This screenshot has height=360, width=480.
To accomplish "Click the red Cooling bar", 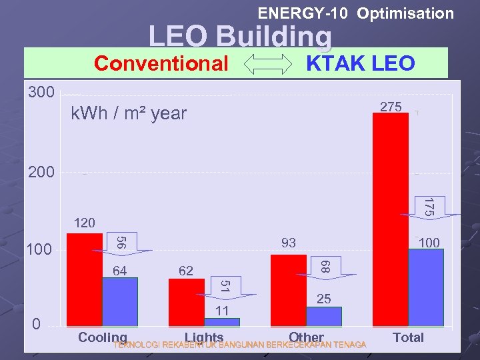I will click(x=85, y=279).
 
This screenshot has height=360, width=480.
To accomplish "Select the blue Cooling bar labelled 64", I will click(x=120, y=302).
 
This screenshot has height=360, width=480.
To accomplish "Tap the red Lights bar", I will click(x=187, y=303).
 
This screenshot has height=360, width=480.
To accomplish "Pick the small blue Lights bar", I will click(x=222, y=322).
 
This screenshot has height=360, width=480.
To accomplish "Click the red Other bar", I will click(x=289, y=291).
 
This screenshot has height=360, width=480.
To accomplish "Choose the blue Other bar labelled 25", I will click(x=324, y=317).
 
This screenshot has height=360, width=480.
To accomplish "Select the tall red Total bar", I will click(x=391, y=220).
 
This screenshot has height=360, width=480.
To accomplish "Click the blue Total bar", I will click(x=426, y=287).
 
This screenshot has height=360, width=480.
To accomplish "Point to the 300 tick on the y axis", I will click(x=41, y=91).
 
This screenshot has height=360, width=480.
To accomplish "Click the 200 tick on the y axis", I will click(x=41, y=172).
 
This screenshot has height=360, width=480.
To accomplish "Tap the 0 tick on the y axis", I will click(x=37, y=324).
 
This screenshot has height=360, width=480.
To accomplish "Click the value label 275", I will click(x=391, y=107).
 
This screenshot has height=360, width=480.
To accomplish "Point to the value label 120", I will click(x=84, y=223).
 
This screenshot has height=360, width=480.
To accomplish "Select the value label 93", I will click(x=288, y=243).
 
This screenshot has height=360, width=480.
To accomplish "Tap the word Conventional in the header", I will click(x=161, y=64).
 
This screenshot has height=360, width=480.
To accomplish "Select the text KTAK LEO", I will click(x=360, y=64).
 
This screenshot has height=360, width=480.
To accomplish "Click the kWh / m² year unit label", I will click(x=129, y=114).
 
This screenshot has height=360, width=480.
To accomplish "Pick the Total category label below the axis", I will click(x=408, y=337).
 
